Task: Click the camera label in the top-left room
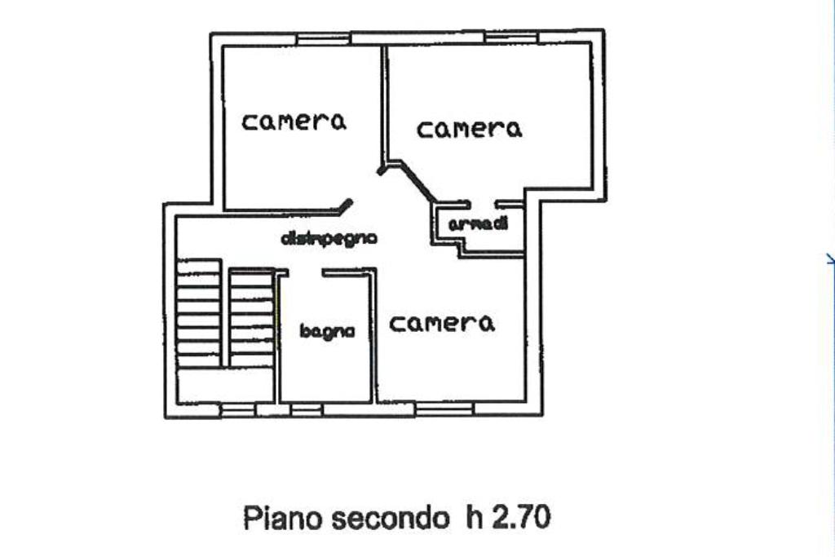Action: (294, 122)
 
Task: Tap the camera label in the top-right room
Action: (469, 128)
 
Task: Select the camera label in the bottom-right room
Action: (442, 323)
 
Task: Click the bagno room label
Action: (327, 331)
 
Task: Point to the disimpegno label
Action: (328, 239)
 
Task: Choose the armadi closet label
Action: (479, 224)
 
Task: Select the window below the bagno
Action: (306, 408)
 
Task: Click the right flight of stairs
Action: (251, 318)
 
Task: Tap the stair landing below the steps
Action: (225, 384)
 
